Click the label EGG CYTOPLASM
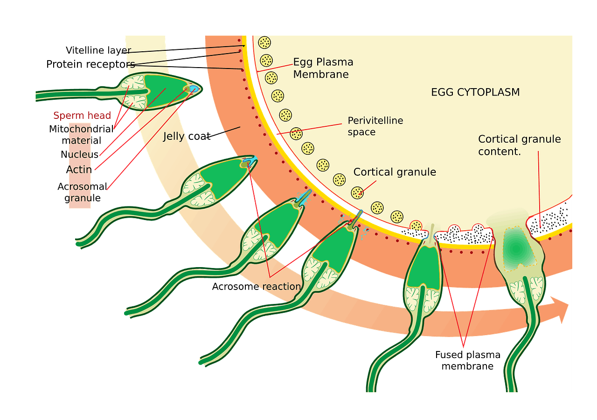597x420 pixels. click(x=475, y=92)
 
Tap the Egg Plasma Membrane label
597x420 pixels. click(x=323, y=68)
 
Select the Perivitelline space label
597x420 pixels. click(x=375, y=126)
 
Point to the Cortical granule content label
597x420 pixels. click(x=519, y=145)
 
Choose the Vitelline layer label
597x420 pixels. click(x=98, y=50)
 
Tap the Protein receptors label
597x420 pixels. click(x=90, y=64)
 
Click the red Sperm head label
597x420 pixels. click(x=82, y=116)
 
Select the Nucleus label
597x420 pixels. click(x=79, y=154)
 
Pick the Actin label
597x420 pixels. click(x=79, y=169)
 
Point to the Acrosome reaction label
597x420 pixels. click(x=256, y=286)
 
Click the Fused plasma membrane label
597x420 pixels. click(x=467, y=360)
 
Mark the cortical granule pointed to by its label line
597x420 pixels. click(x=357, y=192)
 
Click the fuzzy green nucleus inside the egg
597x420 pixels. click(x=516, y=248)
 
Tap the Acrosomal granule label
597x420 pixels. click(x=81, y=192)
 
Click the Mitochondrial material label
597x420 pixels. click(x=81, y=134)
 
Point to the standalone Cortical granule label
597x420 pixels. click(x=395, y=172)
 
